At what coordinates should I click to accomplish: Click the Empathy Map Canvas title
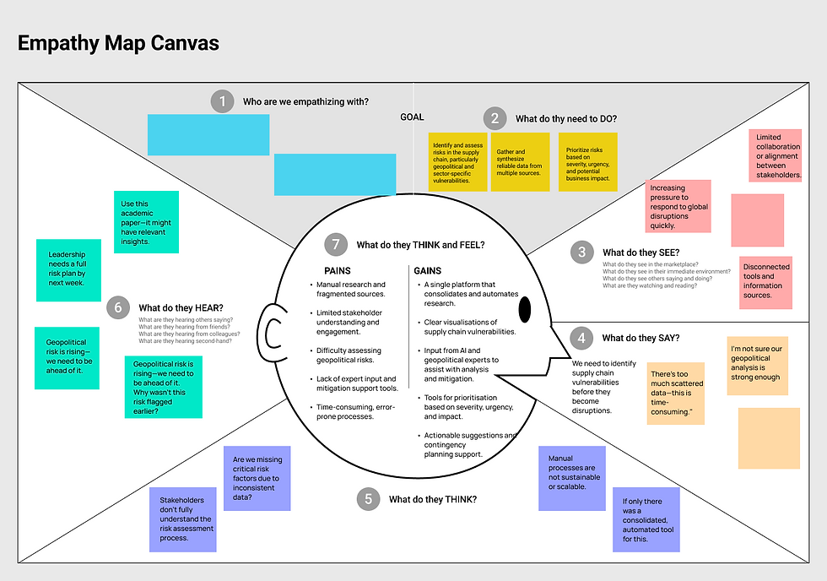[118, 43]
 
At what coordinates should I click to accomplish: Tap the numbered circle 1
[222, 102]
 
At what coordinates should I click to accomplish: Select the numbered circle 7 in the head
[335, 245]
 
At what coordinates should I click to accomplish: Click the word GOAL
[412, 117]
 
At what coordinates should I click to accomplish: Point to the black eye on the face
[524, 310]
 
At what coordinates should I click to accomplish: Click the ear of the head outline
[272, 333]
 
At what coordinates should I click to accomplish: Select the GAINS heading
[427, 270]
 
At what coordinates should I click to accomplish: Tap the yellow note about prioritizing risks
[588, 161]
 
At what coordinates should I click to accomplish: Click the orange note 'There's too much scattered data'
[675, 393]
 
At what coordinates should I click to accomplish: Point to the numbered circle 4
[580, 339]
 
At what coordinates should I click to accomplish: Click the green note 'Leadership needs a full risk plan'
[68, 269]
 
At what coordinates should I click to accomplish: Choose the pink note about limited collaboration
[775, 156]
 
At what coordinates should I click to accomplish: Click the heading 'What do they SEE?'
[641, 252]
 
